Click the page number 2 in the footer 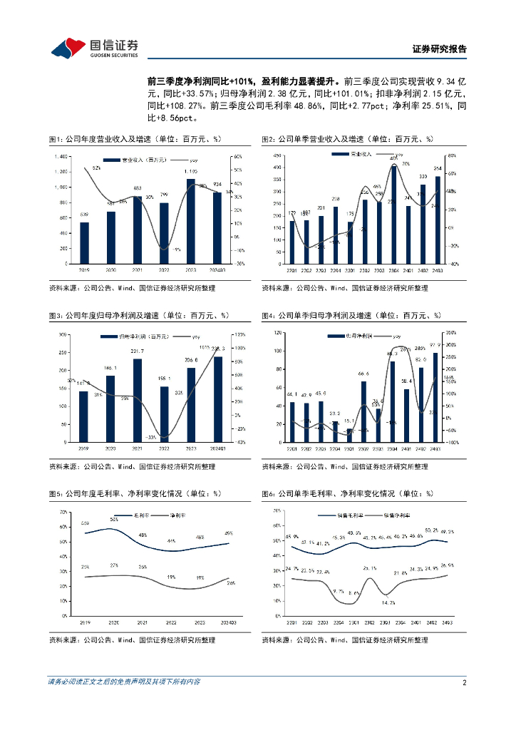point(464,682)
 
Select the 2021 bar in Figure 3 point(138,400)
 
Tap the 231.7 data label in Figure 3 point(138,351)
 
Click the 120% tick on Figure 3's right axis point(241,334)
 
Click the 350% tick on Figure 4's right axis point(450,333)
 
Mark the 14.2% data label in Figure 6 point(388,602)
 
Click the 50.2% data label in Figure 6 point(432,530)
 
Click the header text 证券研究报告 point(440,49)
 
